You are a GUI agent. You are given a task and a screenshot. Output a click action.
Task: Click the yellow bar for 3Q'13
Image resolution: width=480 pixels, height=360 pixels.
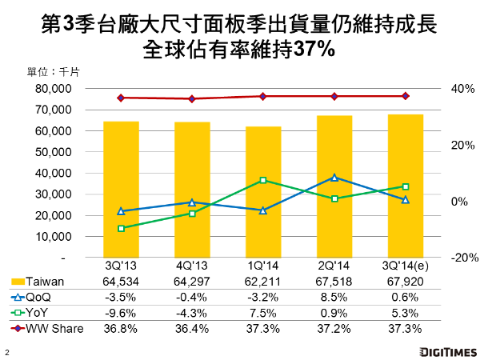point(121,189)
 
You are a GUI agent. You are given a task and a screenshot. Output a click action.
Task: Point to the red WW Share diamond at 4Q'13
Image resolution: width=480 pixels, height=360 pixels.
point(192,99)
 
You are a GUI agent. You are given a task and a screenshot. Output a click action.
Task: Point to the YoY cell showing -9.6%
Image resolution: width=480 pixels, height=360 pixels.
point(121,312)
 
